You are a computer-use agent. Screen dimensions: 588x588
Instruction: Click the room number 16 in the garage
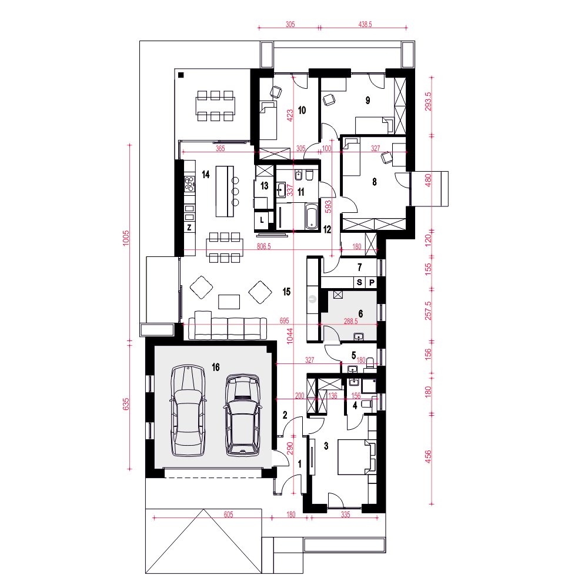tap(216, 367)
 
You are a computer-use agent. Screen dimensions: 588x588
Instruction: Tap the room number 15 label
tap(286, 292)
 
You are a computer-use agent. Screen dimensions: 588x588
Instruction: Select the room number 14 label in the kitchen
tap(205, 175)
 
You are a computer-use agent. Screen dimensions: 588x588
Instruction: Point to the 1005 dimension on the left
tap(126, 238)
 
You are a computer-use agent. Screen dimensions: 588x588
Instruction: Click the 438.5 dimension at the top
tap(365, 24)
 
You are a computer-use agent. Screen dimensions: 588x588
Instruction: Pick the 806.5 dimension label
tap(263, 246)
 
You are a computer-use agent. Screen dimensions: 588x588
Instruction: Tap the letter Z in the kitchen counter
tap(189, 228)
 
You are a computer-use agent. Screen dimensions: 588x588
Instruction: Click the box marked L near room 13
tap(262, 220)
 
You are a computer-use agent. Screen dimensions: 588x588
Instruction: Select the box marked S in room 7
tap(359, 282)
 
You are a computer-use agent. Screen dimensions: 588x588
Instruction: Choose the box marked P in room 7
tap(372, 282)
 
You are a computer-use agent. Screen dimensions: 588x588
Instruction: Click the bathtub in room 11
tap(312, 216)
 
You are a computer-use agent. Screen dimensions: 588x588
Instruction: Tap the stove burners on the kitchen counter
tap(189, 183)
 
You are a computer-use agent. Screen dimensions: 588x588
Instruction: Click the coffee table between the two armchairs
tap(229, 302)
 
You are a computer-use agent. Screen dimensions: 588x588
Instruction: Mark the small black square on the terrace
tap(181, 75)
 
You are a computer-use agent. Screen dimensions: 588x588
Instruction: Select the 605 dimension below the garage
tap(228, 514)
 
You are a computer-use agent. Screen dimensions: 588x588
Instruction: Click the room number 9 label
tap(368, 101)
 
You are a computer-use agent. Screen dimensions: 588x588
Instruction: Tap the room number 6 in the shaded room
tap(361, 313)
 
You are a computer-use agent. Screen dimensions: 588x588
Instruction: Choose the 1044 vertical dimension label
tap(290, 336)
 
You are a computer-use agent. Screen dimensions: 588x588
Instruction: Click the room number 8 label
tap(374, 182)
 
